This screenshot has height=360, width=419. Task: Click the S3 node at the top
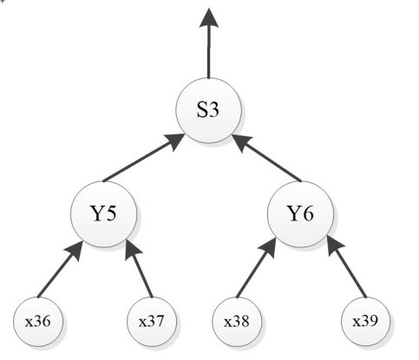[209, 110]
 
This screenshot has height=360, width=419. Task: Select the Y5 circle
[104, 214]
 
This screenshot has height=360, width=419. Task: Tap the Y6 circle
[300, 214]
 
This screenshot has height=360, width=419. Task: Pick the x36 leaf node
[38, 322]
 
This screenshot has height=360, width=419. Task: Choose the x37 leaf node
[152, 322]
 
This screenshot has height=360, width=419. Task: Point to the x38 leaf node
[237, 322]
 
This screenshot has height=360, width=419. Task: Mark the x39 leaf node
[365, 322]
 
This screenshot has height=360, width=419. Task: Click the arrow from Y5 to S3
[144, 158]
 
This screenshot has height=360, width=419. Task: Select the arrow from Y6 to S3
[266, 158]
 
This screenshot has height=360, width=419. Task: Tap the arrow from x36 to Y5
[61, 269]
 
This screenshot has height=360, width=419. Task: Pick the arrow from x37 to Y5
[139, 268]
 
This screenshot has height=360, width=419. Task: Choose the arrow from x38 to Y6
[256, 268]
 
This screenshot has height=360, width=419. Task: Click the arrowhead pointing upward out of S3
[209, 18]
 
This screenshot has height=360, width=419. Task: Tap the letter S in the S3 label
[202, 110]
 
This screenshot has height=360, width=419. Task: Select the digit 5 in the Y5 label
[110, 214]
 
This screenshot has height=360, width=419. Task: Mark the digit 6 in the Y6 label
[307, 214]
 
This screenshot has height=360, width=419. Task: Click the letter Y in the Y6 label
[294, 214]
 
